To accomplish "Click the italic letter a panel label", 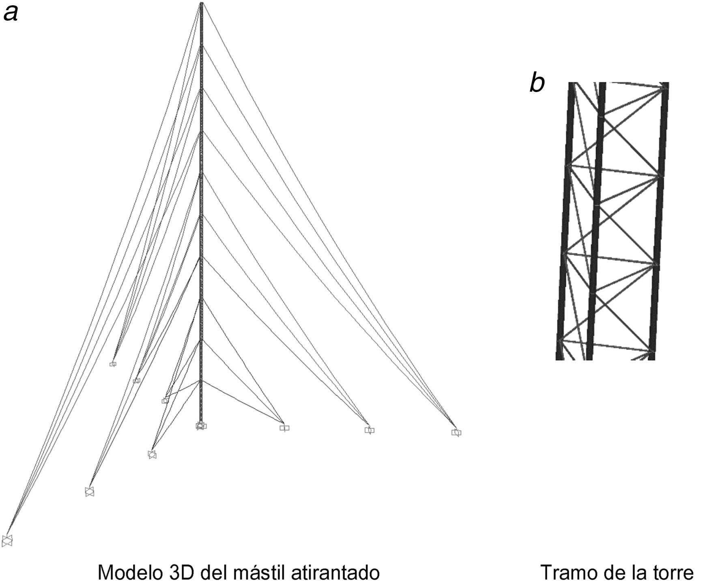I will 11,13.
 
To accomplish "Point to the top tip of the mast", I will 201,4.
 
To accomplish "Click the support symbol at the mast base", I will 201,426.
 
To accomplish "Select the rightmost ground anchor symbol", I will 456,433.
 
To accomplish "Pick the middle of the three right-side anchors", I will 369,430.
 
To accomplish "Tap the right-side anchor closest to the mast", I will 284,428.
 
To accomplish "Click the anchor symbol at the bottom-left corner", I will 7,541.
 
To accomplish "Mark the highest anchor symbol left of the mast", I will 113,364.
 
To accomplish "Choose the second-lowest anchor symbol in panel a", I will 89,492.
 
